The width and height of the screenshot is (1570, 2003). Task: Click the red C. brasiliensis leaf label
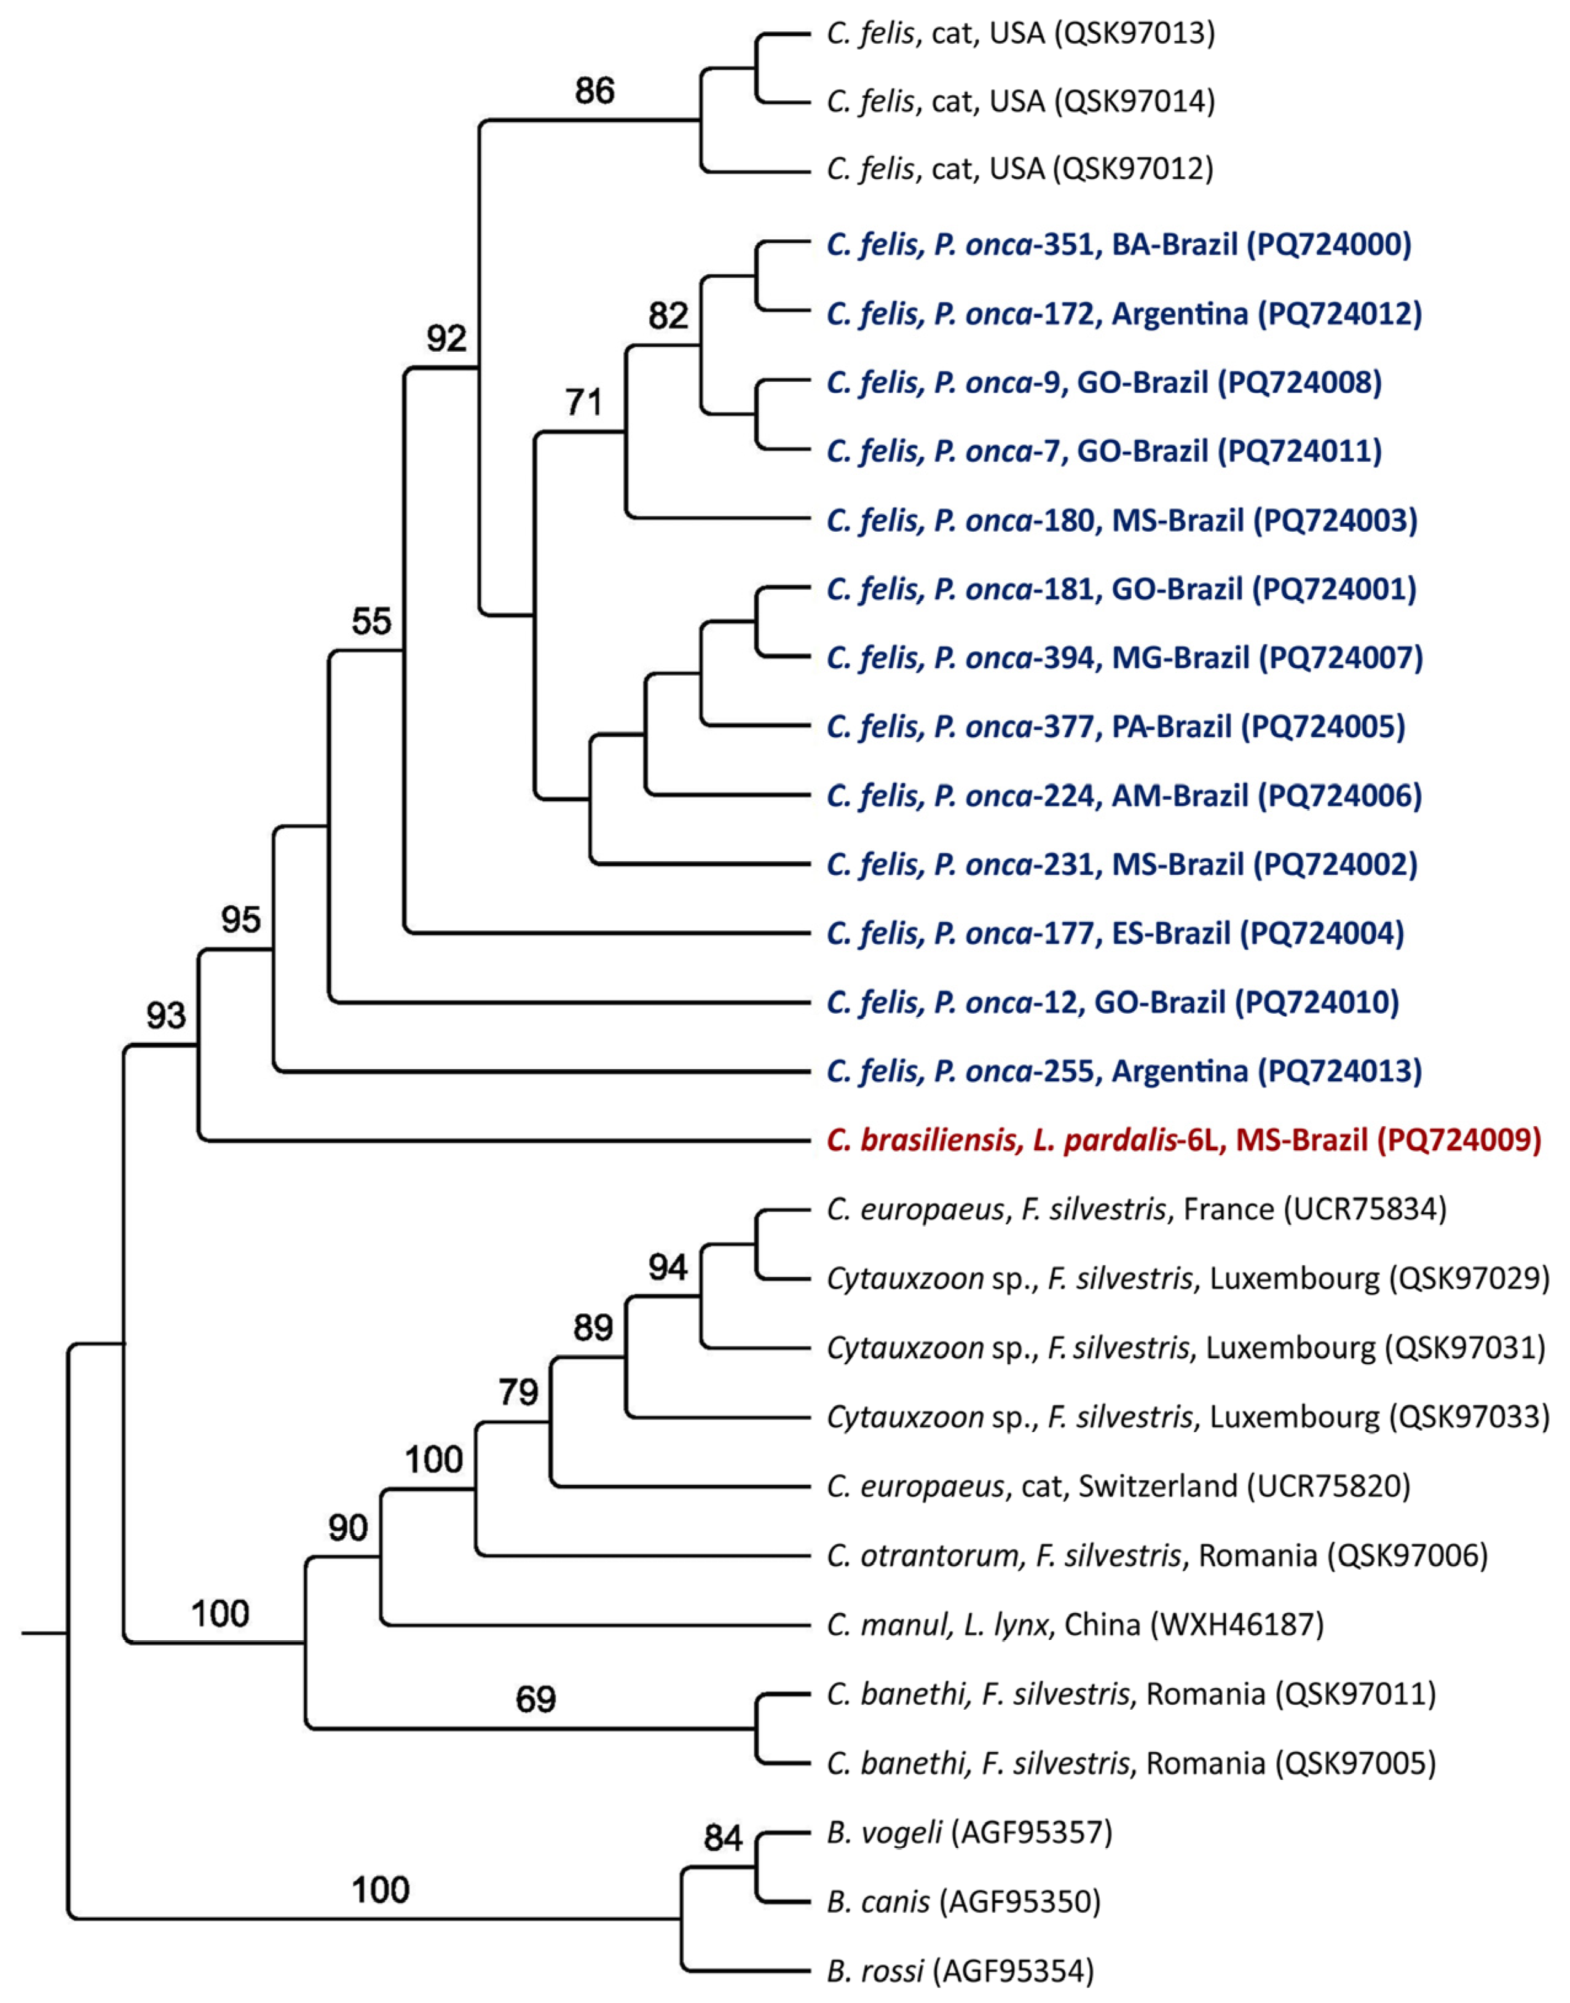pos(1183,1140)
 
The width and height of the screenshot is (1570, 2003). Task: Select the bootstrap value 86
pos(594,91)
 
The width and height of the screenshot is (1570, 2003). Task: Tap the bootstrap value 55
pos(371,622)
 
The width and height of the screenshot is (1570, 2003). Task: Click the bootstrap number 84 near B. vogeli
pos(722,1838)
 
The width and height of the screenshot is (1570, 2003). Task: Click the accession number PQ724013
pos(1341,1071)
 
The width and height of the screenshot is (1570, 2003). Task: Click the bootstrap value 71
pos(584,403)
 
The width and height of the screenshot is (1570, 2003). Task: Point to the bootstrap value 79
pos(518,1392)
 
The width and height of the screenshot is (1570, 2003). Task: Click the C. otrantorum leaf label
pos(1156,1555)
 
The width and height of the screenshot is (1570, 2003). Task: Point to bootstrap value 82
pos(668,315)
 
